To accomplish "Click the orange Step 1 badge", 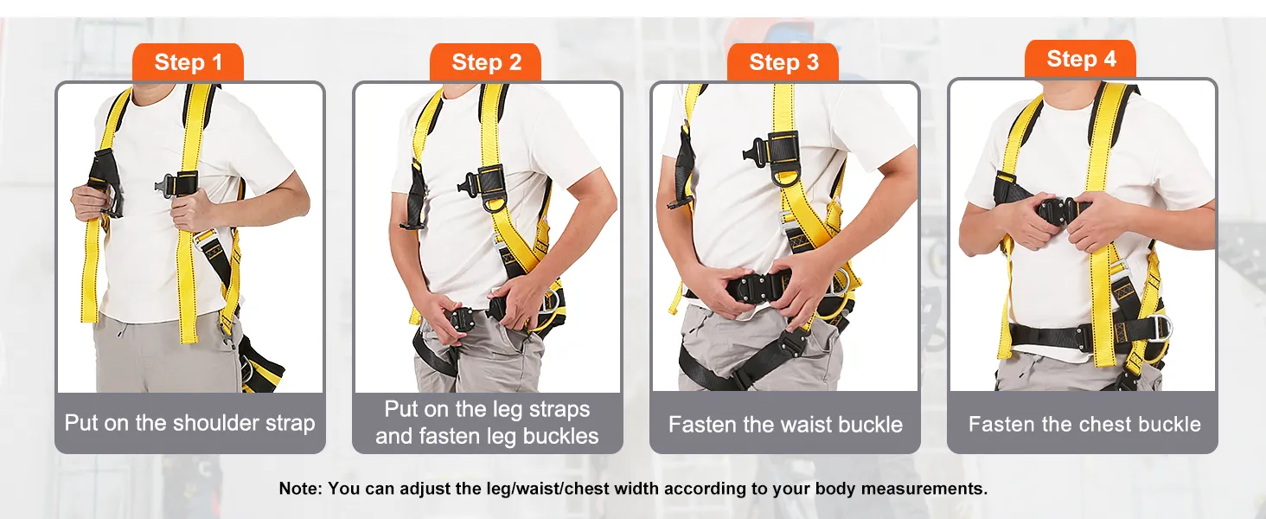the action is click(x=188, y=61).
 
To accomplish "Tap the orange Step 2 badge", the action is click(x=485, y=61).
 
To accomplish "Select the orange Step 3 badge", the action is click(x=783, y=61).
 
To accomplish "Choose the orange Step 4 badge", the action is click(x=1080, y=58).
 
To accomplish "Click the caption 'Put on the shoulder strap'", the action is click(x=190, y=423).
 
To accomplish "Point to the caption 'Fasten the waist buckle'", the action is click(x=785, y=424).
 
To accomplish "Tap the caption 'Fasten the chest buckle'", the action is click(x=1084, y=424).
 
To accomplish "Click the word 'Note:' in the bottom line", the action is click(x=300, y=488).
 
